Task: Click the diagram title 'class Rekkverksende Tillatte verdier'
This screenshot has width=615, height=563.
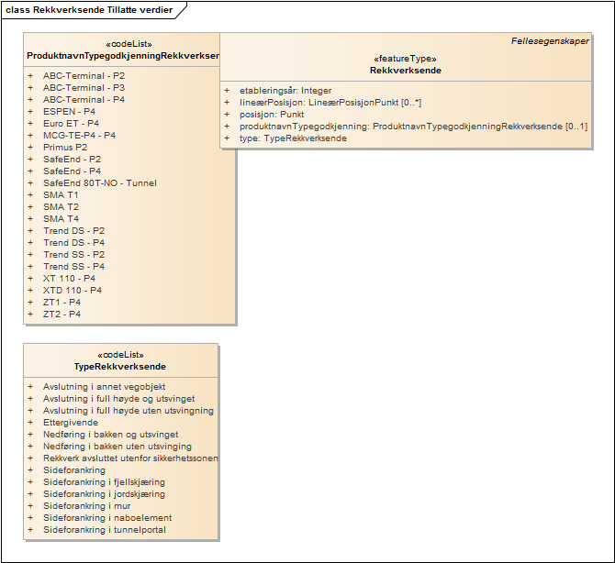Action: (88, 9)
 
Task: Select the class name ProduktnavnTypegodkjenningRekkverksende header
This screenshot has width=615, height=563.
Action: (122, 56)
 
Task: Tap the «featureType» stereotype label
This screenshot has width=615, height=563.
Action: (405, 58)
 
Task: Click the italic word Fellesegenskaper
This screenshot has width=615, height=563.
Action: (550, 41)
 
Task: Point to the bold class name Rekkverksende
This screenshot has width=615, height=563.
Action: (405, 71)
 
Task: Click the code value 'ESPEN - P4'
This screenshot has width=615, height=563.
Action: (70, 111)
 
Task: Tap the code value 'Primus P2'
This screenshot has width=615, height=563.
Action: (65, 147)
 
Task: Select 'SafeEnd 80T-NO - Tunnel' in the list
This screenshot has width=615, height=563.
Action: (99, 182)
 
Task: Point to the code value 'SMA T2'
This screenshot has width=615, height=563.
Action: (61, 206)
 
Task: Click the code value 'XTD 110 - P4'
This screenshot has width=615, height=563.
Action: (73, 290)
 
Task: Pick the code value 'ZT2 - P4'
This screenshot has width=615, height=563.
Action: (61, 314)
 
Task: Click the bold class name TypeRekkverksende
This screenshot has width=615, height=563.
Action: (120, 367)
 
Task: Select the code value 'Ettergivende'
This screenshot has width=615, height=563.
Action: (71, 423)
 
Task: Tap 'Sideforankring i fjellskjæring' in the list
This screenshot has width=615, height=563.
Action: (104, 482)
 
